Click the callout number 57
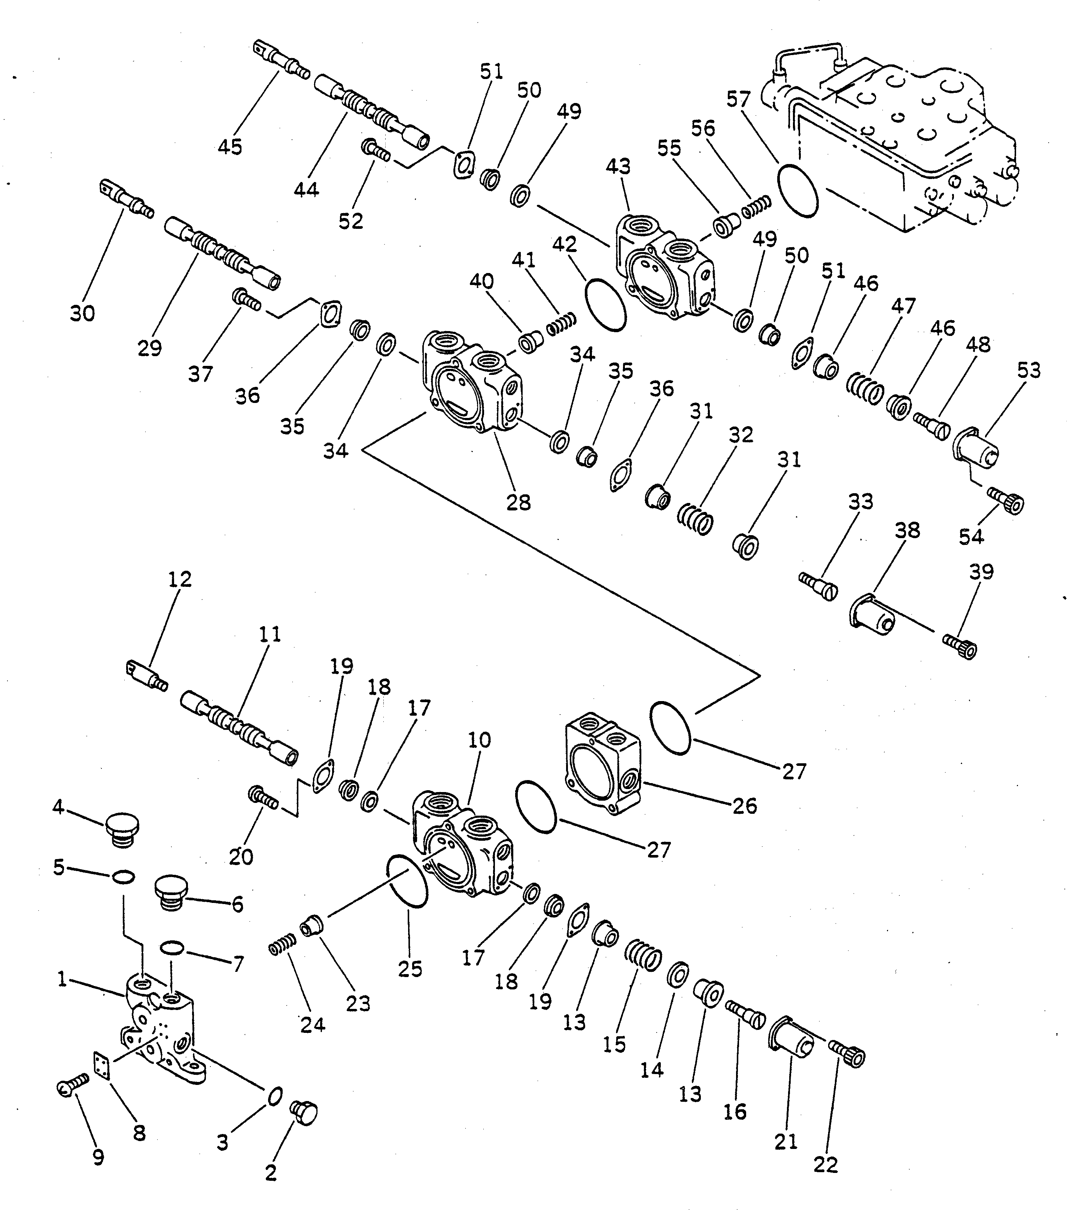739,100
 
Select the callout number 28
519,503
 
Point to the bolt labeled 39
960,645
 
